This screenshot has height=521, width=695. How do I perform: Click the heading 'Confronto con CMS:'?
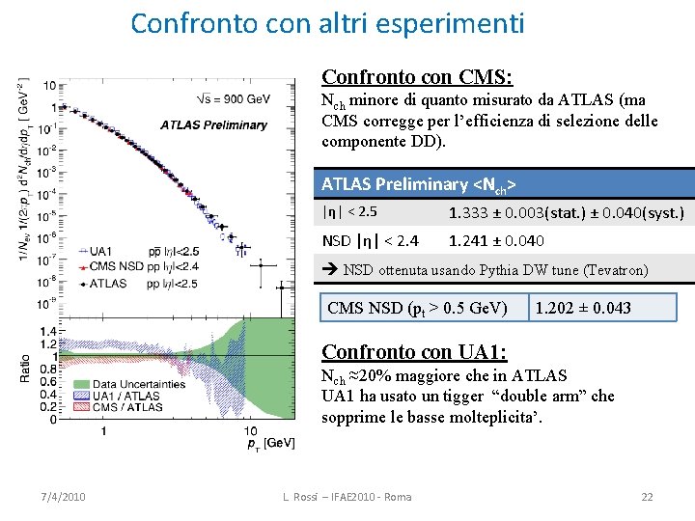click(416, 76)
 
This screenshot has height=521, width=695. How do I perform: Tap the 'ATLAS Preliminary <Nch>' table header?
click(418, 183)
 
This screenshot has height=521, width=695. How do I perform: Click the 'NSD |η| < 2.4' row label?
click(370, 240)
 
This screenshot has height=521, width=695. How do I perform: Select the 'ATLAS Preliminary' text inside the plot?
click(213, 124)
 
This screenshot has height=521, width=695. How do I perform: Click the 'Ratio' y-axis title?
click(25, 367)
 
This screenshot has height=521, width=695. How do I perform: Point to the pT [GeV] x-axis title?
click(269, 442)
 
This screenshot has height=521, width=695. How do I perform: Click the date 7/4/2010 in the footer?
click(64, 496)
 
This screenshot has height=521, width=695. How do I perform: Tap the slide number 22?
click(647, 496)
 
